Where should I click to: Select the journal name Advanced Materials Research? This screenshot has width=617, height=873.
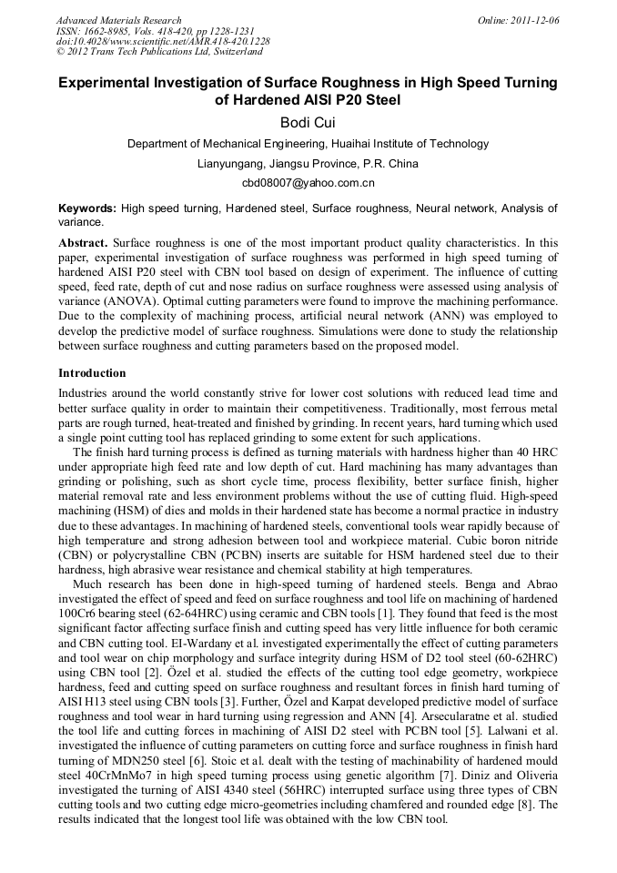pyautogui.click(x=119, y=20)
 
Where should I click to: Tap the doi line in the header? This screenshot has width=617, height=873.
pyautogui.click(x=163, y=42)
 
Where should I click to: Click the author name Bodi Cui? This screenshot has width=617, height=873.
pyautogui.click(x=308, y=123)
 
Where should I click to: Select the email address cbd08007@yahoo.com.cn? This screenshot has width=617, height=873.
pyautogui.click(x=308, y=183)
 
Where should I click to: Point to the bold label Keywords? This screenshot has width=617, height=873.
pyautogui.click(x=87, y=208)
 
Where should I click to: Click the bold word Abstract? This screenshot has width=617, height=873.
pyautogui.click(x=84, y=244)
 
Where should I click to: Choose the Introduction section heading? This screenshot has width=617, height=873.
pyautogui.click(x=92, y=373)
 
